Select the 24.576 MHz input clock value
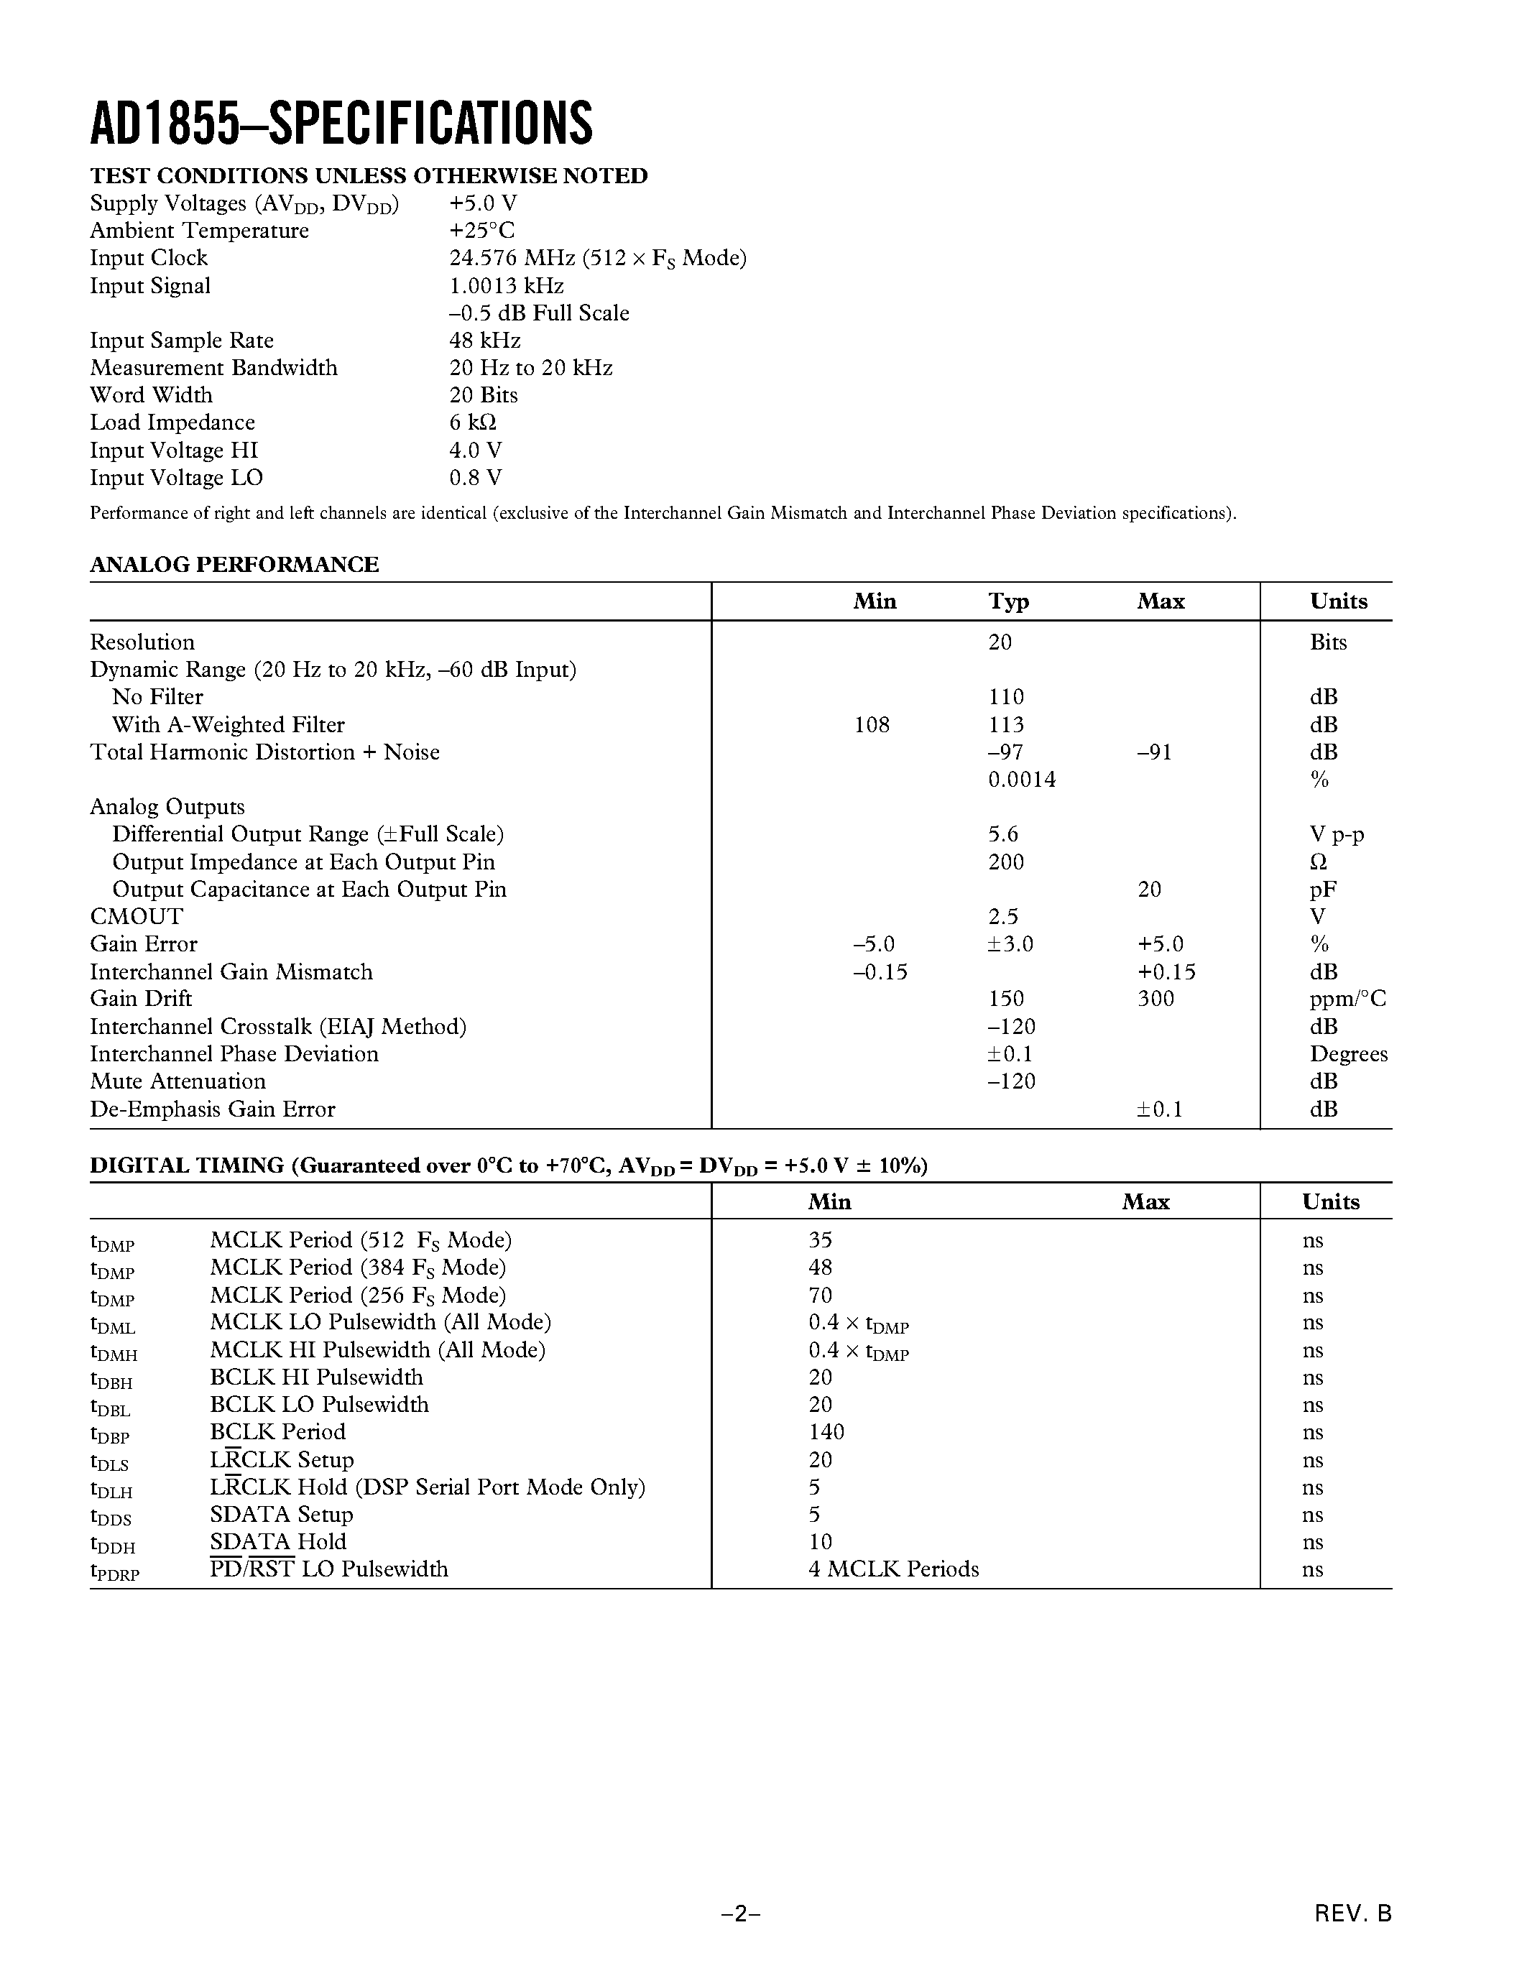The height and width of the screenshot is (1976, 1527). tap(597, 258)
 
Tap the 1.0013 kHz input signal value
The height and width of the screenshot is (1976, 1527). tap(507, 286)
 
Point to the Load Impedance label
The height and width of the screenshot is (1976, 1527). tap(172, 423)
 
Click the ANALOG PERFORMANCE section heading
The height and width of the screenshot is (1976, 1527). tap(234, 565)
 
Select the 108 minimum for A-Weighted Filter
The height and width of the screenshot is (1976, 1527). tap(871, 725)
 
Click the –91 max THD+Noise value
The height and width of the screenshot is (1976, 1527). tap(1154, 753)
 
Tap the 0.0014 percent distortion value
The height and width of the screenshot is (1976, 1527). tap(1021, 780)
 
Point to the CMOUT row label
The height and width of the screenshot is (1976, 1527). tap(136, 917)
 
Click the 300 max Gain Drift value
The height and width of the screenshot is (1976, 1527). tap(1155, 999)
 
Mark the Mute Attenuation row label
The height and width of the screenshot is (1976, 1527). tap(177, 1081)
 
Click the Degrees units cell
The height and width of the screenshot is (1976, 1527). tap(1348, 1054)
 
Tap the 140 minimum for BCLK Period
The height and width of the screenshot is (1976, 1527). tap(826, 1432)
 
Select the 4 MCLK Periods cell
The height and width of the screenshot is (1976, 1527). tap(893, 1569)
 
